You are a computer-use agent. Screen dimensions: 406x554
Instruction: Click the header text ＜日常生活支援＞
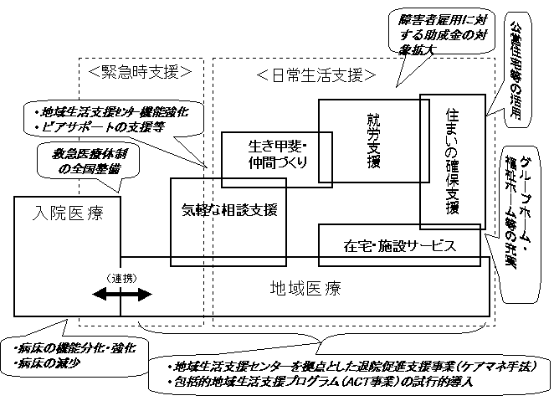click(x=315, y=75)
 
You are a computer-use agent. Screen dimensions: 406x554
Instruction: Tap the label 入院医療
click(x=66, y=214)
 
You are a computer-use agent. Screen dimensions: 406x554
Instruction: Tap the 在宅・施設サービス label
click(x=399, y=245)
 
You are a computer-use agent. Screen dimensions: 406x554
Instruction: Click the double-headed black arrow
click(x=122, y=294)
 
